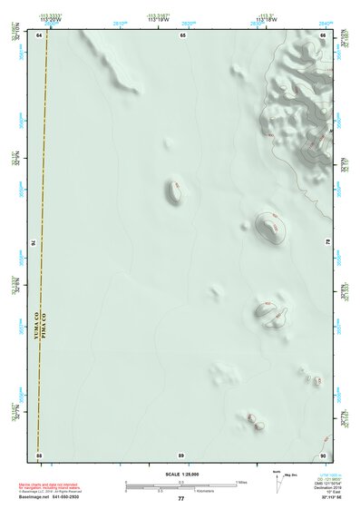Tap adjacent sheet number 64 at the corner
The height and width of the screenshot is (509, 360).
pos(39,34)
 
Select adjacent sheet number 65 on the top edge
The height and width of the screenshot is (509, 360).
pos(182,34)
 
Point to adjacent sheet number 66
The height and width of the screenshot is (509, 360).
pos(323,34)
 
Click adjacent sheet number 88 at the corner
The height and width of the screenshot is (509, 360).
pos(39,453)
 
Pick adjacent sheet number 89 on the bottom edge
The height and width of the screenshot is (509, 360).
pos(181,453)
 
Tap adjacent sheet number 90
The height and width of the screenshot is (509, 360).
pos(323,453)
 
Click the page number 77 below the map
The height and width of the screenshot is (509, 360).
pos(181,498)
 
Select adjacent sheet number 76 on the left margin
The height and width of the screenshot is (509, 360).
pos(34,243)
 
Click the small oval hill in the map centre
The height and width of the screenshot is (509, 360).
pos(174,191)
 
